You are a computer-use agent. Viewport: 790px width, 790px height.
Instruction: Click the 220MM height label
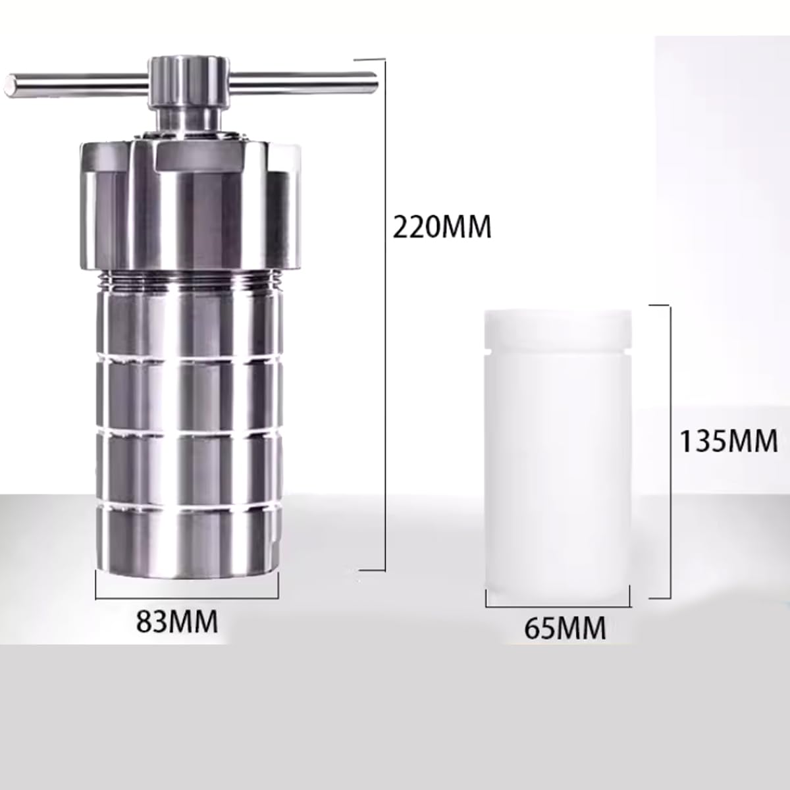[442, 227]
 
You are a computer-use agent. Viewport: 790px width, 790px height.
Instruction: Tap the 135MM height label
[728, 440]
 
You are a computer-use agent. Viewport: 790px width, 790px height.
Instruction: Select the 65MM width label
[565, 628]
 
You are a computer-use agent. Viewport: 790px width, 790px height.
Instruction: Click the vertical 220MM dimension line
[383, 316]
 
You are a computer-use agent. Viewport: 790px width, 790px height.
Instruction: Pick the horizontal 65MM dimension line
[558, 606]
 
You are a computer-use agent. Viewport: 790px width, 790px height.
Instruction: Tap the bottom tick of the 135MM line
[660, 598]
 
